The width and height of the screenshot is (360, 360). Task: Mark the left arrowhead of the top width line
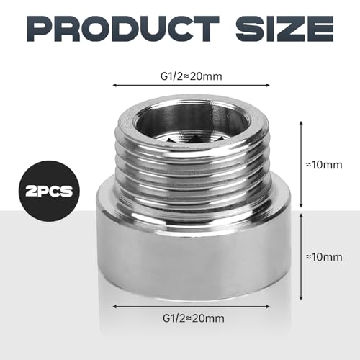pyautogui.click(x=114, y=84)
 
